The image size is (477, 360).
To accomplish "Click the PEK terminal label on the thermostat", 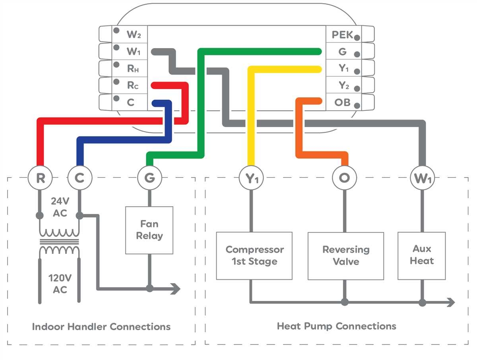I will click(x=342, y=35).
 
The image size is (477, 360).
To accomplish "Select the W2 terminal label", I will click(x=134, y=35).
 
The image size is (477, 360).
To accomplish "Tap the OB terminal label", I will click(x=342, y=103).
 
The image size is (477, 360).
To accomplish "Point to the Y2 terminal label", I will click(x=344, y=85).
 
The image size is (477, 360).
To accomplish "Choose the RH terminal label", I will click(x=133, y=68).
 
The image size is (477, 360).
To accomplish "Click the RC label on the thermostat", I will click(x=133, y=85).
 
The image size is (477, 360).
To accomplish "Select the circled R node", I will click(x=40, y=178).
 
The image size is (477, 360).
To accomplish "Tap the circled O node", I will click(x=344, y=178).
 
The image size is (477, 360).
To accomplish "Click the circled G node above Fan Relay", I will click(x=149, y=178).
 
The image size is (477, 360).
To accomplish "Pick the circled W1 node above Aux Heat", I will click(x=422, y=178).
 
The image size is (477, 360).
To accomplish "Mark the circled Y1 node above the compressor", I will click(x=251, y=178).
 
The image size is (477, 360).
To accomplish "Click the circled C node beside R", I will click(x=79, y=178).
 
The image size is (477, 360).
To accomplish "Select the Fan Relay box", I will click(x=149, y=230).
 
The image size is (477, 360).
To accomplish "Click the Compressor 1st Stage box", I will click(x=254, y=255).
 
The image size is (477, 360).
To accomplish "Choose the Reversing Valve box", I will click(x=346, y=255).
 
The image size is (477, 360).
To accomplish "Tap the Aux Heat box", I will click(x=422, y=255).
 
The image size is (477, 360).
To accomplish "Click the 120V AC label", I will click(x=60, y=284).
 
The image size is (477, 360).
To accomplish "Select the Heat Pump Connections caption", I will click(x=336, y=326).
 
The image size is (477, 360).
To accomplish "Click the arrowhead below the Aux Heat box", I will click(x=451, y=302).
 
